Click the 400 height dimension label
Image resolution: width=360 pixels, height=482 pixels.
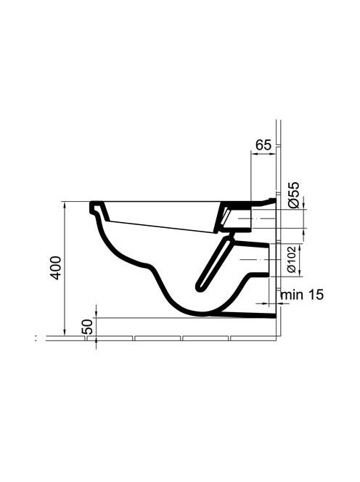coord(56,268)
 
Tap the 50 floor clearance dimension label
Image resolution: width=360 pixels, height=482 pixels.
coord(87,327)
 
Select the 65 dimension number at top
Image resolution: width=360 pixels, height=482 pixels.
coord(263,144)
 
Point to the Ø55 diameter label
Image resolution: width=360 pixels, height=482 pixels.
coord(294,195)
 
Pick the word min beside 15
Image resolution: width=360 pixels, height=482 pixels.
coord(292,295)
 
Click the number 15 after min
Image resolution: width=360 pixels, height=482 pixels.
coord(316,295)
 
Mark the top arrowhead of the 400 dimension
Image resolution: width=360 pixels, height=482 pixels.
coord(65,205)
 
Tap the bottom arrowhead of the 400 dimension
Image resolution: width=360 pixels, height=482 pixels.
coord(65,332)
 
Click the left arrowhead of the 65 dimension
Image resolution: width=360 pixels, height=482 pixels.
coord(255,154)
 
